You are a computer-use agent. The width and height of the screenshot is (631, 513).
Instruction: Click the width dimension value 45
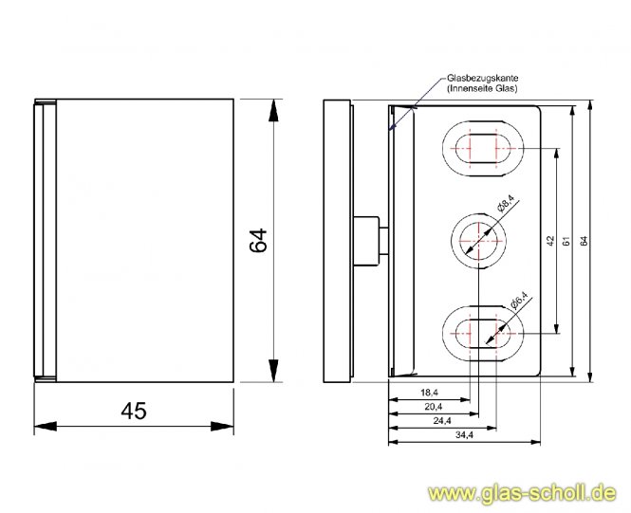[134, 411]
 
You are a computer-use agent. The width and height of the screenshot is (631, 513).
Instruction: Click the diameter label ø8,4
[506, 204]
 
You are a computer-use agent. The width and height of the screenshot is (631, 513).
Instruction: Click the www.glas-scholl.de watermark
[523, 493]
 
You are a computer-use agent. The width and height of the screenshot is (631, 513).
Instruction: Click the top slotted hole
[484, 149]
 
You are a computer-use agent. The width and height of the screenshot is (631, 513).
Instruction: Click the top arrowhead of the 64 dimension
[273, 107]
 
